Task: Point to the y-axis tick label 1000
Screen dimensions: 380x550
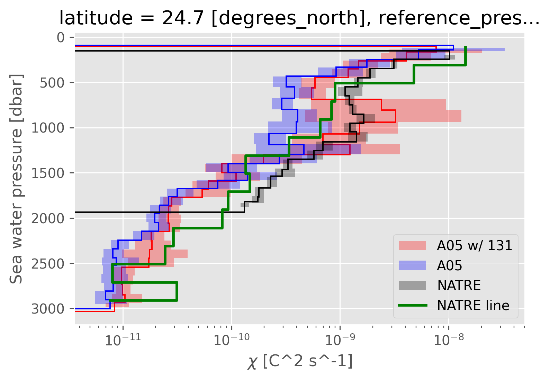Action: (48, 128)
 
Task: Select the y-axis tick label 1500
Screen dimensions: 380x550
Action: (48, 173)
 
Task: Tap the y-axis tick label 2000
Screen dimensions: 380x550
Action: (48, 218)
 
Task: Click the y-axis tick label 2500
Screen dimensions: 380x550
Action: (48, 264)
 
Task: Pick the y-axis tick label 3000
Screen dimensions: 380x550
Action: (48, 309)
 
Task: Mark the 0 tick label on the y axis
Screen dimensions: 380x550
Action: (61, 37)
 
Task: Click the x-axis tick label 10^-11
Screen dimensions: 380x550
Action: (123, 340)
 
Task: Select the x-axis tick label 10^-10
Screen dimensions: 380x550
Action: (231, 340)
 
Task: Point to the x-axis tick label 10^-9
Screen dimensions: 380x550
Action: (340, 340)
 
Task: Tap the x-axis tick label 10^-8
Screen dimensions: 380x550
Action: (449, 340)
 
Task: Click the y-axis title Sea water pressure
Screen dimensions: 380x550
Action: (16, 178)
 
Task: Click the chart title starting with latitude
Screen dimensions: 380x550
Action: (299, 18)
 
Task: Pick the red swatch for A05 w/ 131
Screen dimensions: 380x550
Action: (412, 245)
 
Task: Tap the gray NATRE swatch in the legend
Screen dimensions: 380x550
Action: (412, 285)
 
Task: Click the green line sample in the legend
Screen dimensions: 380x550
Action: (412, 305)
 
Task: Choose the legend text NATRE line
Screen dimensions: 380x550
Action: (473, 305)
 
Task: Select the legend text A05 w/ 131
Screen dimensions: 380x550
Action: (475, 245)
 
